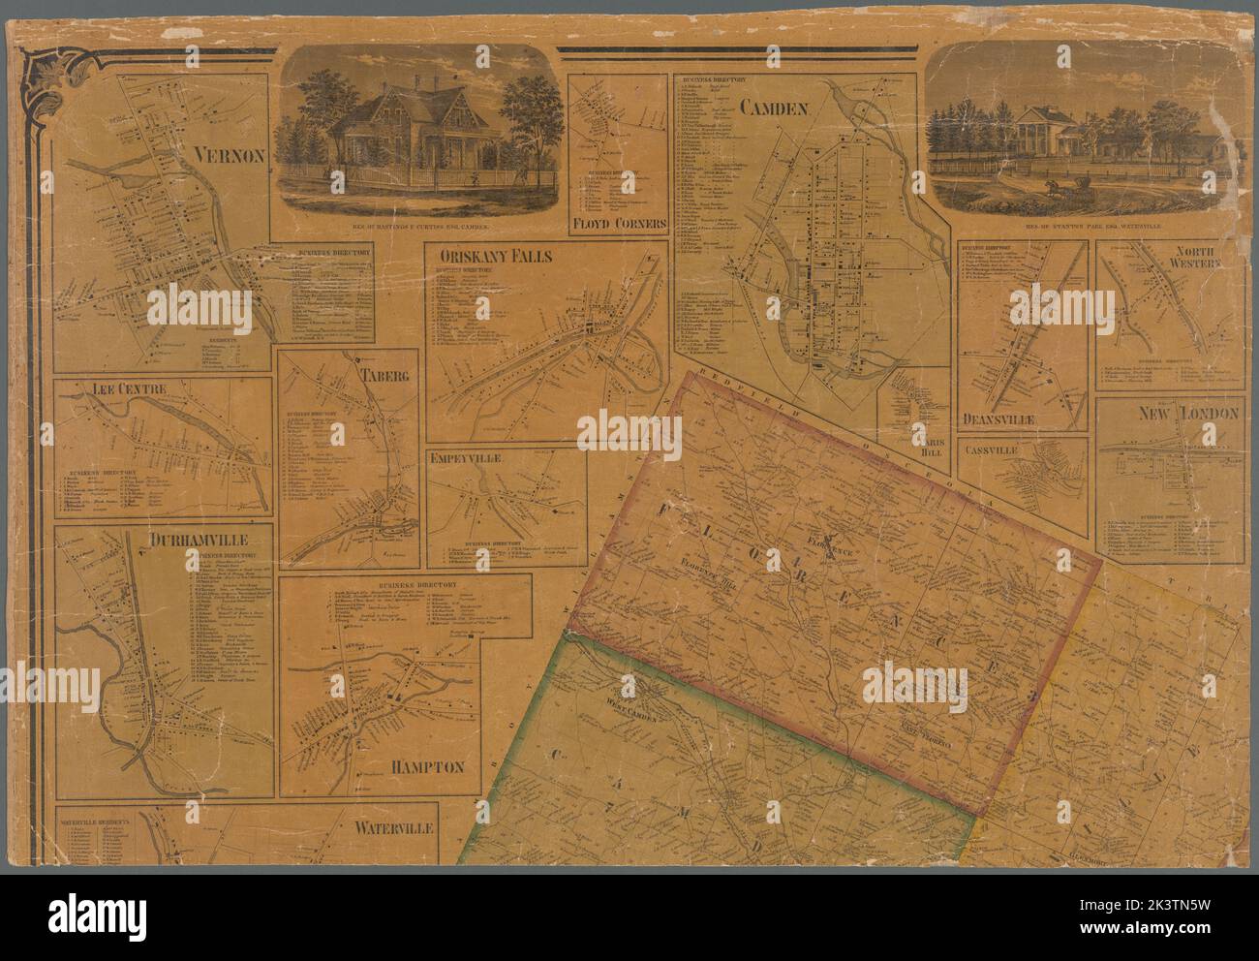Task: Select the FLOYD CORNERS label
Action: tap(621, 223)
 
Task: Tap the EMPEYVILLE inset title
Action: tap(468, 458)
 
